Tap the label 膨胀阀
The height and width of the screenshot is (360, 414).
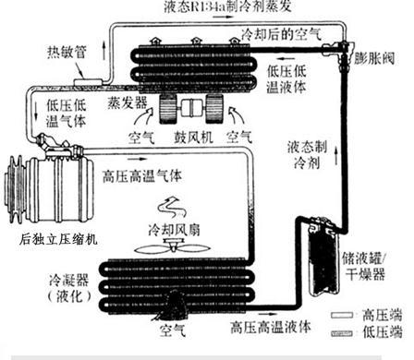(x=377, y=57)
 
